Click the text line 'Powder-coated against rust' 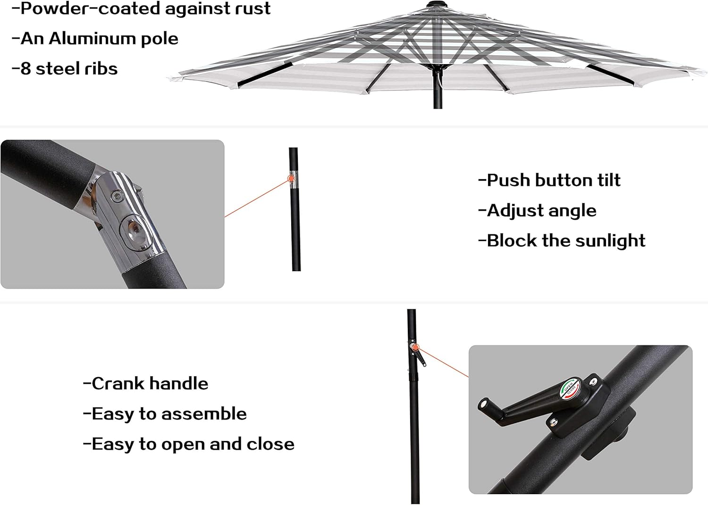[x=141, y=8]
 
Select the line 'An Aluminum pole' [x=95, y=39]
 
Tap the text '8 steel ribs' [x=65, y=69]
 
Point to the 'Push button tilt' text [x=549, y=180]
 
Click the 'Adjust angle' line [x=537, y=210]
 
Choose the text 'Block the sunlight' [x=562, y=240]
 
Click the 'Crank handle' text [x=145, y=383]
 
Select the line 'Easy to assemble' [x=165, y=414]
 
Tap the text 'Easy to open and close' [x=189, y=444]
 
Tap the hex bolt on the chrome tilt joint [x=116, y=199]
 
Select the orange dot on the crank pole [x=415, y=348]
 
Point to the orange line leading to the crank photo [x=444, y=363]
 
